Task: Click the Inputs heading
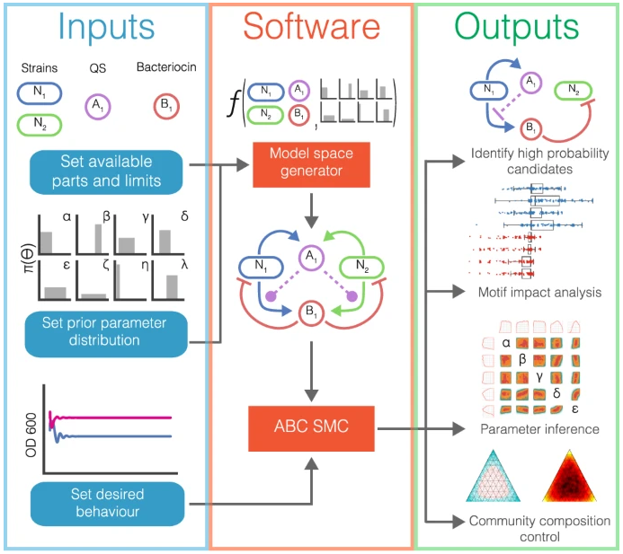106,26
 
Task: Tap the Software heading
311,26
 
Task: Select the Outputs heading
517,26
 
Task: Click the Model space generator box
311,164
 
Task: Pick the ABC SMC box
311,428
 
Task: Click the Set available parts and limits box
106,171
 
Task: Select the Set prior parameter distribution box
106,334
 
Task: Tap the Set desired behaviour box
107,504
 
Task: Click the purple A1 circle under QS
97,107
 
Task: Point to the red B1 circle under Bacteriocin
166,106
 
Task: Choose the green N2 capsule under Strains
39,125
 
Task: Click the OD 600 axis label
31,435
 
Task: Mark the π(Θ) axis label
30,258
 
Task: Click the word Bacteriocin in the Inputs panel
166,67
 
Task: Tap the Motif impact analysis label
539,293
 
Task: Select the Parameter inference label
539,429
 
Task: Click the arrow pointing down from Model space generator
311,211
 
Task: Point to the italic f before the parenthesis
235,103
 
